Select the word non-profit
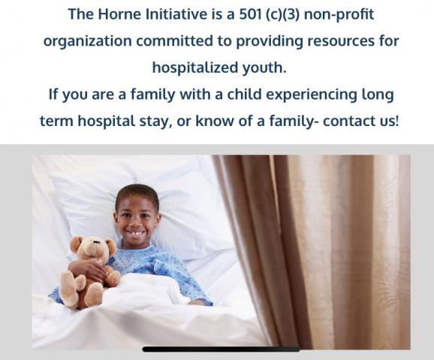[339, 14]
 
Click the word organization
[88, 41]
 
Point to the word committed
[174, 40]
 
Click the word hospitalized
[195, 67]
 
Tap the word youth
[264, 67]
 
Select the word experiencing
[312, 94]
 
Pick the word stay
[155, 121]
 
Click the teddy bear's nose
[96, 242]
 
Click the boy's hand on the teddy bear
[89, 269]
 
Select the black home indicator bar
[222, 349]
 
